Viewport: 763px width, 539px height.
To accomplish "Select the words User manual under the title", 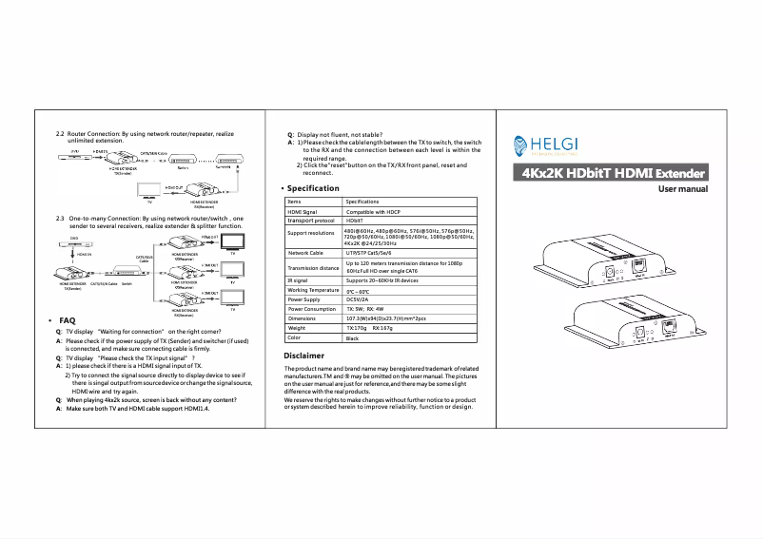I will tap(683, 189).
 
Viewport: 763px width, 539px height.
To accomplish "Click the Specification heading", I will tap(313, 188).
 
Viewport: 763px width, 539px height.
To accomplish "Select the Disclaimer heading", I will tap(304, 355).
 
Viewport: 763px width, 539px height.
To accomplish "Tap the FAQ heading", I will tap(67, 321).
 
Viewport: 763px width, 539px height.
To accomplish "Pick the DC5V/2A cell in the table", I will tap(359, 299).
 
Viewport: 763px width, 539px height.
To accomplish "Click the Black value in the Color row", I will tap(352, 337).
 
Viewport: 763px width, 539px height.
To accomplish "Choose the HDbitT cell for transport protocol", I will tap(354, 220).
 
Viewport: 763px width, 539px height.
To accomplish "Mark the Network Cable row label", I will tap(306, 254).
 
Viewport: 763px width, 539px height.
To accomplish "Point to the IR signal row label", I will tap(298, 280).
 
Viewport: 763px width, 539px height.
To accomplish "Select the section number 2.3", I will tap(61, 218).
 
